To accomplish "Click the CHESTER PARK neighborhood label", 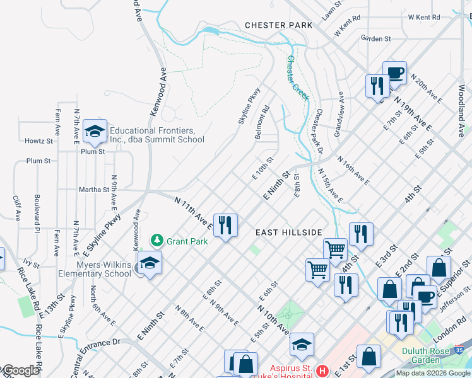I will click(x=279, y=25).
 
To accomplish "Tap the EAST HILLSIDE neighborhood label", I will click(x=289, y=232).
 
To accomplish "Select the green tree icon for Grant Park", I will click(x=156, y=241).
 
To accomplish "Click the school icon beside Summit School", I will click(x=95, y=131).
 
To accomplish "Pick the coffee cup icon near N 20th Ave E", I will click(x=394, y=72).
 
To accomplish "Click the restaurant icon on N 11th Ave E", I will click(x=225, y=224).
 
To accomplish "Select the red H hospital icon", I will click(x=322, y=370).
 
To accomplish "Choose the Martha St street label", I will click(x=94, y=190).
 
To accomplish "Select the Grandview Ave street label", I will click(x=339, y=113).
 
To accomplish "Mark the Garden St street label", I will click(x=376, y=38).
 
